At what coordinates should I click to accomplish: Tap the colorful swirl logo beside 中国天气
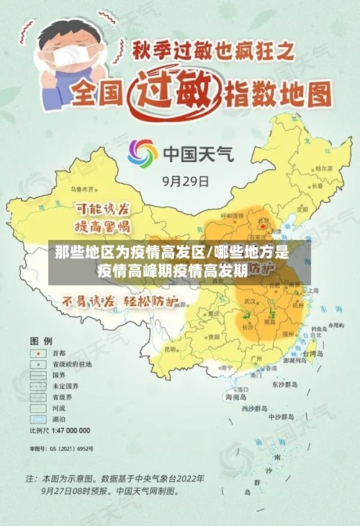[143, 153]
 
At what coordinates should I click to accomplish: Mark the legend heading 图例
[40, 339]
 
